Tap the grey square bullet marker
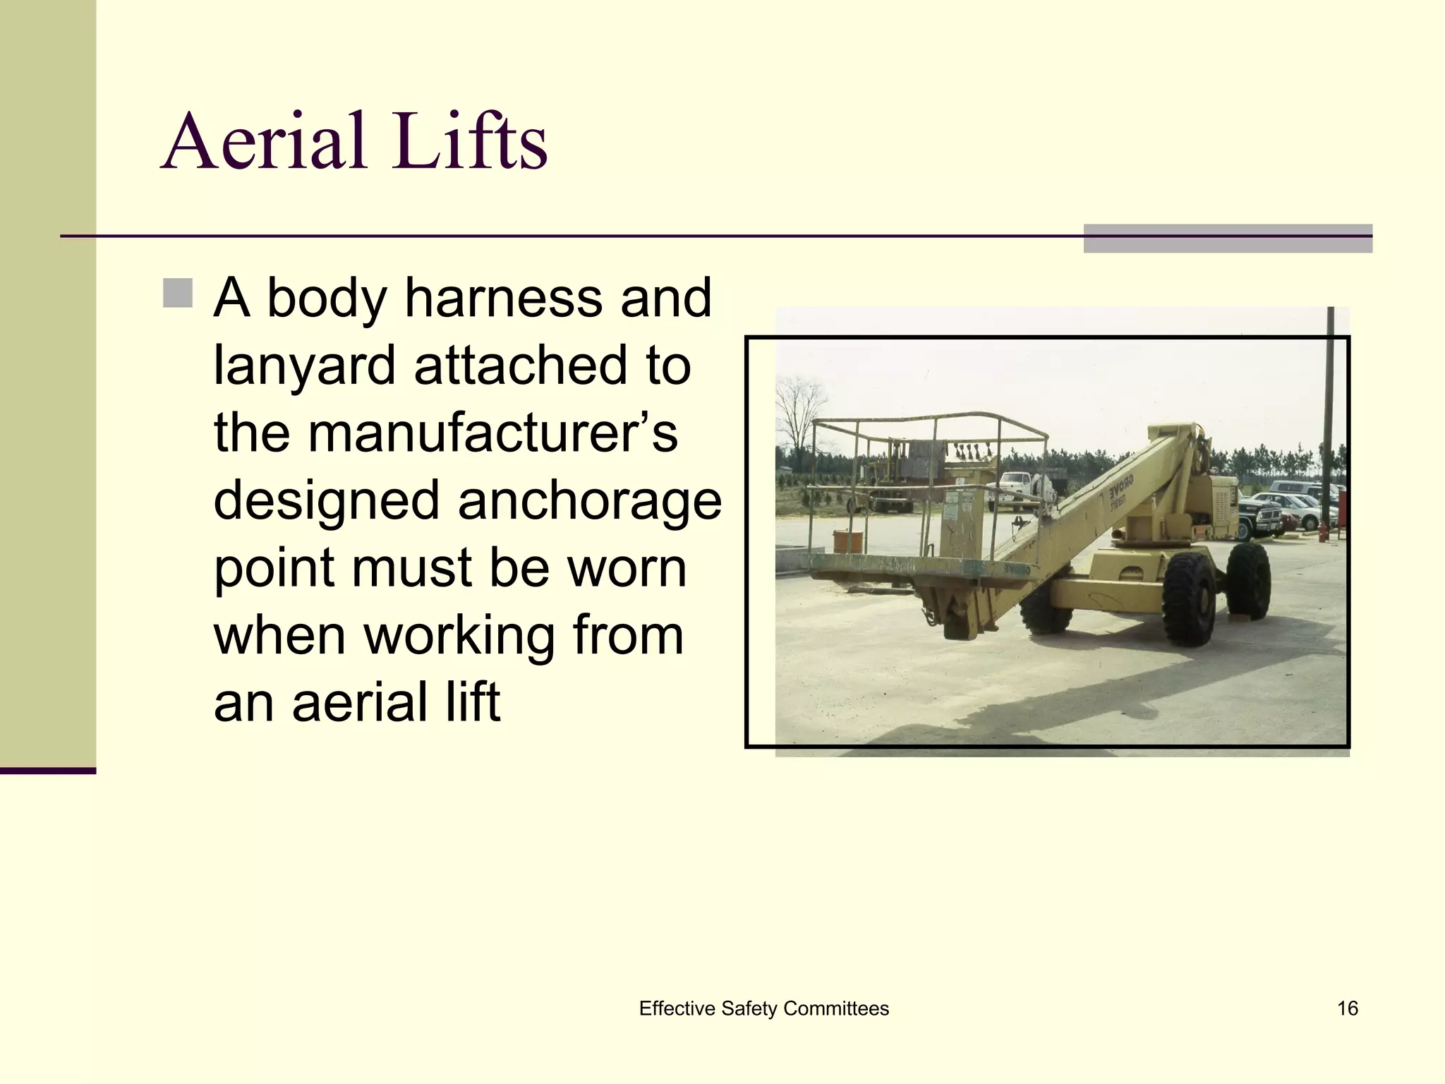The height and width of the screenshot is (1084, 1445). (177, 294)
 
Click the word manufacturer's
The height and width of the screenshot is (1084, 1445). (492, 432)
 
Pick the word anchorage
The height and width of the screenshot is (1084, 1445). (589, 500)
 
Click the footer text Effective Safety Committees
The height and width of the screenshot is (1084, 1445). (763, 1008)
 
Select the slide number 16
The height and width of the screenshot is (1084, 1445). (1347, 1008)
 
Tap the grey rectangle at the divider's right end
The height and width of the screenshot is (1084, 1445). (1228, 239)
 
